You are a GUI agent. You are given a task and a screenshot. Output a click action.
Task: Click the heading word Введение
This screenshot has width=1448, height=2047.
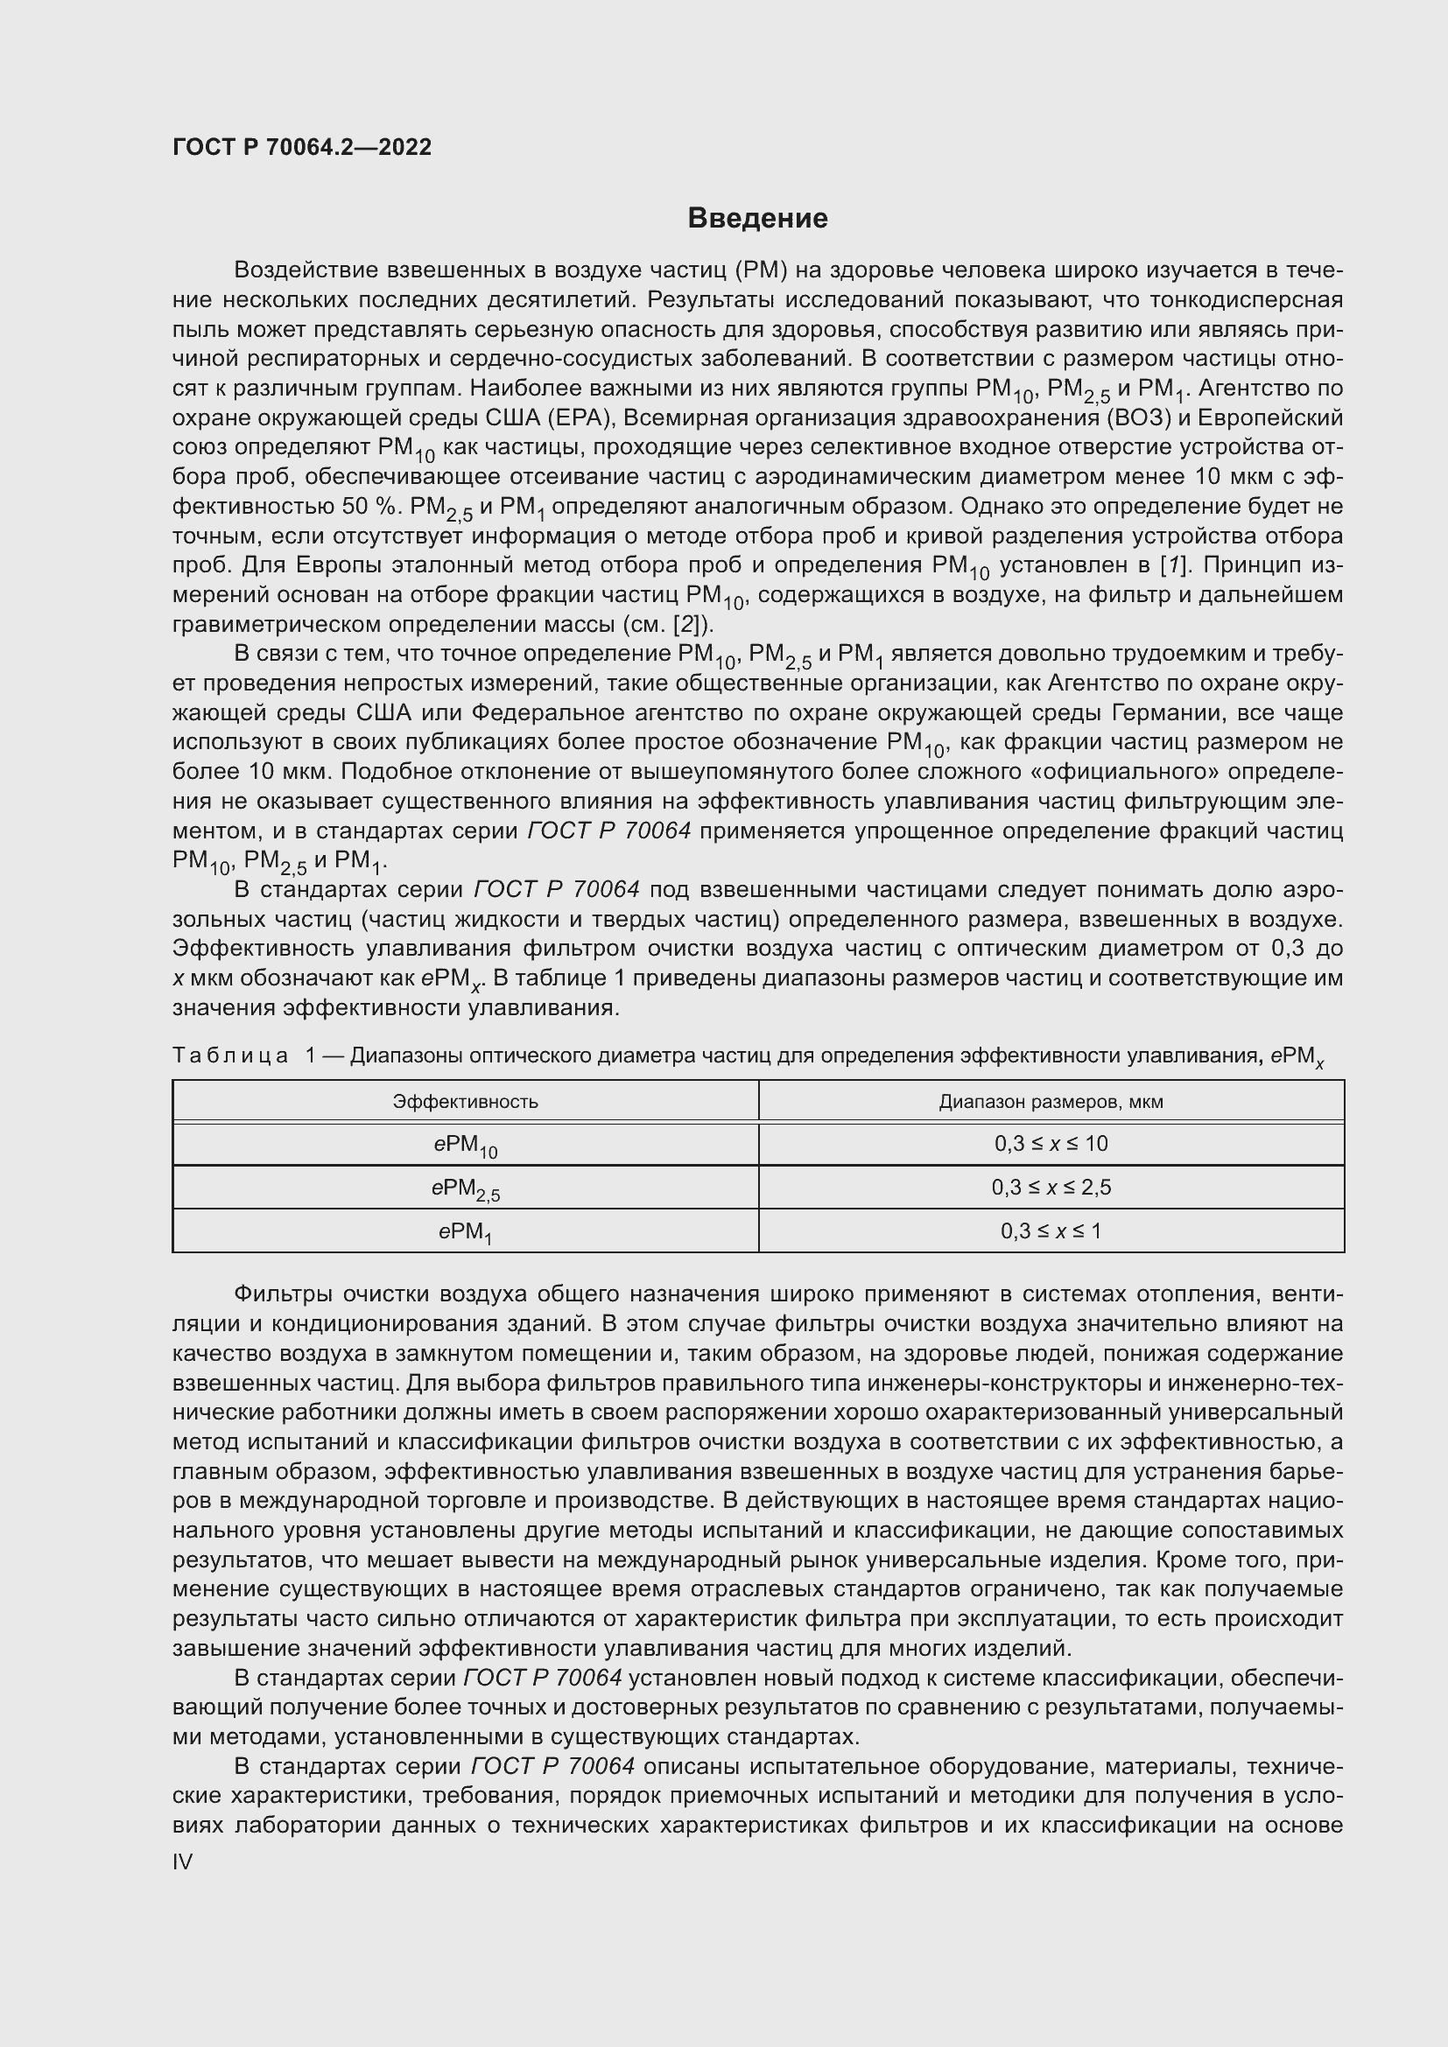pyautogui.click(x=757, y=219)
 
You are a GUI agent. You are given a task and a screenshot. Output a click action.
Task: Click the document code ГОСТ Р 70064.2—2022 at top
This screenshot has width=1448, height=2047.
pyautogui.click(x=302, y=148)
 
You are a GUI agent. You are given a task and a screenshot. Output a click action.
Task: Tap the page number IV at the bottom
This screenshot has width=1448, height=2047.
pyautogui.click(x=183, y=1861)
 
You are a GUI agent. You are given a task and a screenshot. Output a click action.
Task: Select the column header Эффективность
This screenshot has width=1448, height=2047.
pyautogui.click(x=466, y=1101)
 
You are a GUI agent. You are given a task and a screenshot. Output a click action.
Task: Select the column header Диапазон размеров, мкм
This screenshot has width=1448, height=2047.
pyautogui.click(x=1051, y=1101)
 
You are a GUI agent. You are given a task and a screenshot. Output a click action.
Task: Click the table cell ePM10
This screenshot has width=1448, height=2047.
pyautogui.click(x=466, y=1146)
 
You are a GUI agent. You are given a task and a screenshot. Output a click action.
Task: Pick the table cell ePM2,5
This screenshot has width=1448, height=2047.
pyautogui.click(x=466, y=1189)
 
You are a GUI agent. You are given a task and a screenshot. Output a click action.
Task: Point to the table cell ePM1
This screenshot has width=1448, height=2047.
pyautogui.click(x=466, y=1233)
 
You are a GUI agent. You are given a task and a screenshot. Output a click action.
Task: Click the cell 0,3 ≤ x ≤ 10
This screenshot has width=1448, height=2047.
pyautogui.click(x=1051, y=1144)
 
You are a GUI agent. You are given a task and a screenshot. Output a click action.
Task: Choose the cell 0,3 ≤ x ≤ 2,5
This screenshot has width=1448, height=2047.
pyautogui.click(x=1051, y=1188)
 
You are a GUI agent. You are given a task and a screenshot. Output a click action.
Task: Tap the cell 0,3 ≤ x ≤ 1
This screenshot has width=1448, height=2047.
pyautogui.click(x=1051, y=1231)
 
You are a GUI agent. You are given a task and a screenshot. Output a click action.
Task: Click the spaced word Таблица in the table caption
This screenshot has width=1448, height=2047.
pyautogui.click(x=230, y=1055)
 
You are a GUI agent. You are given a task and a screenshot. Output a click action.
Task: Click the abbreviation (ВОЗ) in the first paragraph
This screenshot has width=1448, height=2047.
pyautogui.click(x=1137, y=418)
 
